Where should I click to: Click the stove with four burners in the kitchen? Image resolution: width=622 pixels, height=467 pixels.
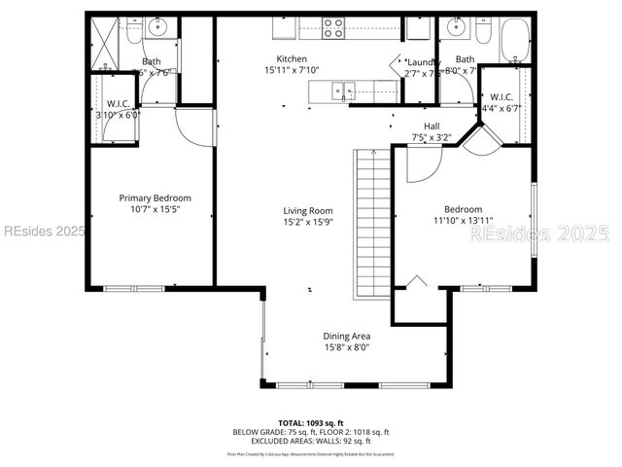333,29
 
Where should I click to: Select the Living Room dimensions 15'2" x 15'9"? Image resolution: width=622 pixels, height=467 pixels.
308,222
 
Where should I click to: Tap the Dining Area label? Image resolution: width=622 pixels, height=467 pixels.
347,336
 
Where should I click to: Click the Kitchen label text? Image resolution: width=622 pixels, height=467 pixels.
293,58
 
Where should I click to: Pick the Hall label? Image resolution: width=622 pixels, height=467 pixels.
432,126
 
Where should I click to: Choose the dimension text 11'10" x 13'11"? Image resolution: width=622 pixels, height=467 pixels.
464,221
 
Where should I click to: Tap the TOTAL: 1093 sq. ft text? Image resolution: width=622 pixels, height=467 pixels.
310,423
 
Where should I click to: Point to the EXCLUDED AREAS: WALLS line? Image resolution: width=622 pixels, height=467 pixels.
310,441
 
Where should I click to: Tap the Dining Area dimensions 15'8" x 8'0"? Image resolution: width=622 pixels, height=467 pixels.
347,347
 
